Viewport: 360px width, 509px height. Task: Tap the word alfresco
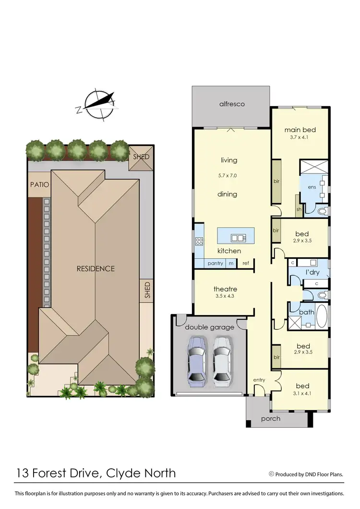232,104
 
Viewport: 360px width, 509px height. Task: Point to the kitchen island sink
238,237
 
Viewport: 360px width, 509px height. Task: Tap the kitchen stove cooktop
199,242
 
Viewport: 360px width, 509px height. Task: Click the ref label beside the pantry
245,263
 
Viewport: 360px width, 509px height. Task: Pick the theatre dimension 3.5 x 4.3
226,296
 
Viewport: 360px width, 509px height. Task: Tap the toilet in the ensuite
322,211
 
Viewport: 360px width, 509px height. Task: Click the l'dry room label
313,273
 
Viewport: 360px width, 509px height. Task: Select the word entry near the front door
259,380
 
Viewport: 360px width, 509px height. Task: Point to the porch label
271,418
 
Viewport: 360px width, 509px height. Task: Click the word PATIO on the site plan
38,184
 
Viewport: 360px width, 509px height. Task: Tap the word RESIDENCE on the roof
96,268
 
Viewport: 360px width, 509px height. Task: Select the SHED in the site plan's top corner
141,157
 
